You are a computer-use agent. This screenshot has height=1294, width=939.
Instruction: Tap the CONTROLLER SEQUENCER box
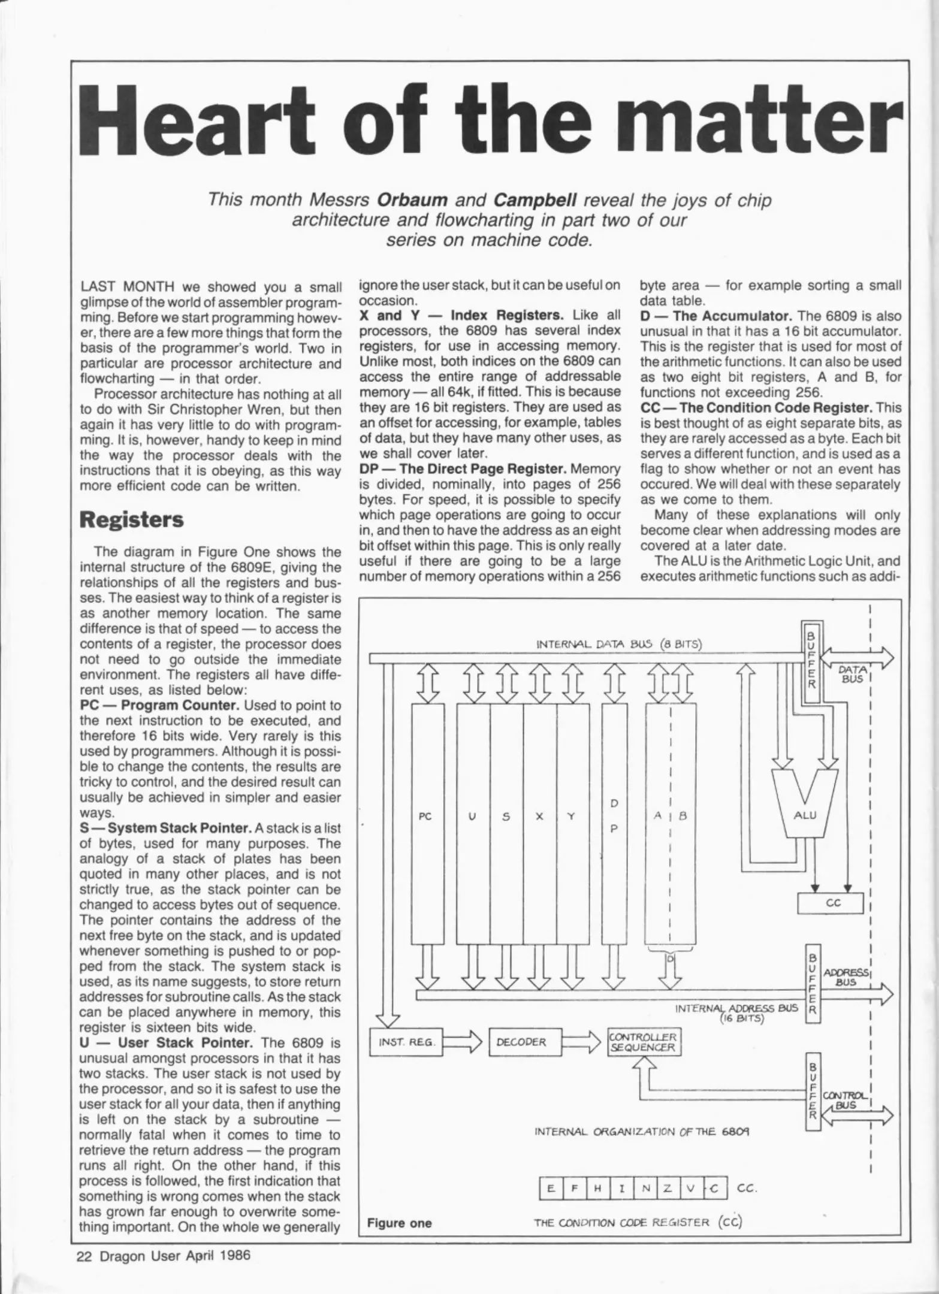click(642, 1042)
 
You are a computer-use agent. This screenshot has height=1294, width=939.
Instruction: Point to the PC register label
click(425, 816)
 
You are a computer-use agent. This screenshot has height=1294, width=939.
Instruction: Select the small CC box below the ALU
click(830, 903)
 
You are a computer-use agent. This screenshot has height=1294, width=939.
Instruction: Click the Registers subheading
click(132, 519)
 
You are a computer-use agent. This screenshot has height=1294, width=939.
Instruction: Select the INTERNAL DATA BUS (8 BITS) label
click(620, 645)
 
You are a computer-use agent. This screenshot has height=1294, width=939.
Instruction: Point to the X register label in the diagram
click(539, 816)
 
